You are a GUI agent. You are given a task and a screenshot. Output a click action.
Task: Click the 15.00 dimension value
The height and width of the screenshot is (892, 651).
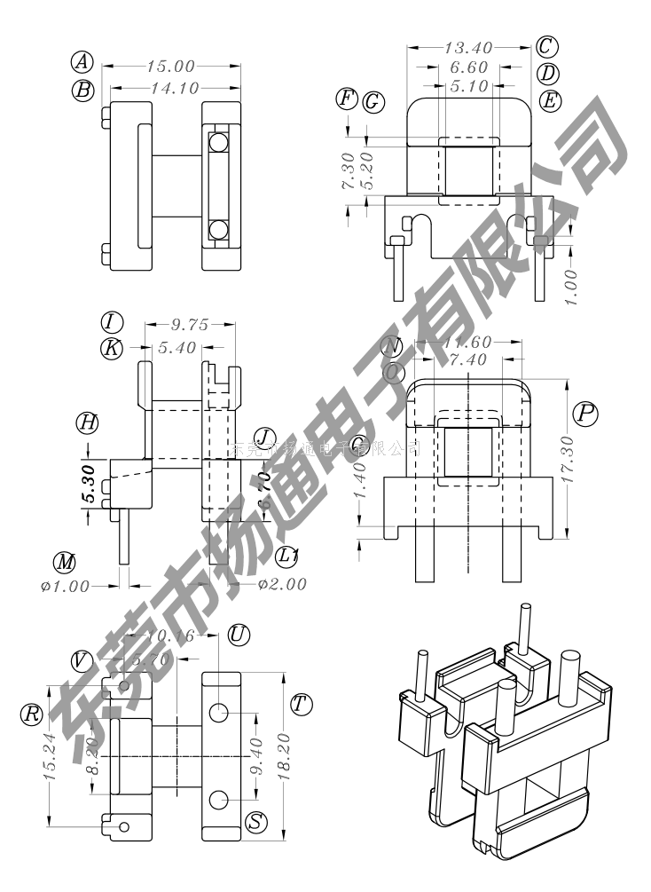pos(173,66)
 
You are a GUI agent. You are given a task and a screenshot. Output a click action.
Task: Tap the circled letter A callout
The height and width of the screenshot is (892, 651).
pos(82,62)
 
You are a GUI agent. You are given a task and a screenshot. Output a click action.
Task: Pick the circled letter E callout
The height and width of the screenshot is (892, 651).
pos(551,100)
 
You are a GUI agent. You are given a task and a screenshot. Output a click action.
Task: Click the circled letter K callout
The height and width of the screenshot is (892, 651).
pos(111,348)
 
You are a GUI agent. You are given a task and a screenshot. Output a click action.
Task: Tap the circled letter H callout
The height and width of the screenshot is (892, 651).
pos(86,422)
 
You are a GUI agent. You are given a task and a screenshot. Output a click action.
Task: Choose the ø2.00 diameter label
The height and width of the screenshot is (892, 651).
pos(281,584)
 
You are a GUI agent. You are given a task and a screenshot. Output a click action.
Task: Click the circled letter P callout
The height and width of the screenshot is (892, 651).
pos(584,413)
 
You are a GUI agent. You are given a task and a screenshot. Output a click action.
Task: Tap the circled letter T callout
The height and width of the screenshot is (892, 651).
pos(302,705)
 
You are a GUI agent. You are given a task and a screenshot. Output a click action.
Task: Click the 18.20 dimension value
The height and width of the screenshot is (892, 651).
pos(283,756)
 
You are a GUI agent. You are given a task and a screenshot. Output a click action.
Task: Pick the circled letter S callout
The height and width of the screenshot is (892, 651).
pos(256,822)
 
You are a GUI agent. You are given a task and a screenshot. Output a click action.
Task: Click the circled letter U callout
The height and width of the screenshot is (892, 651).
pos(238,635)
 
